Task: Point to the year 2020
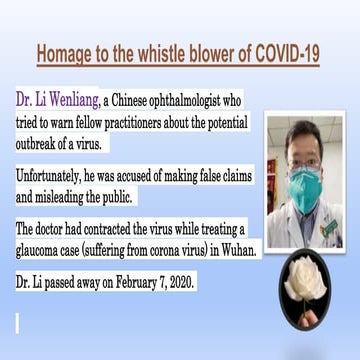182,282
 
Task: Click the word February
133,282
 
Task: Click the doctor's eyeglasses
305,160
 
